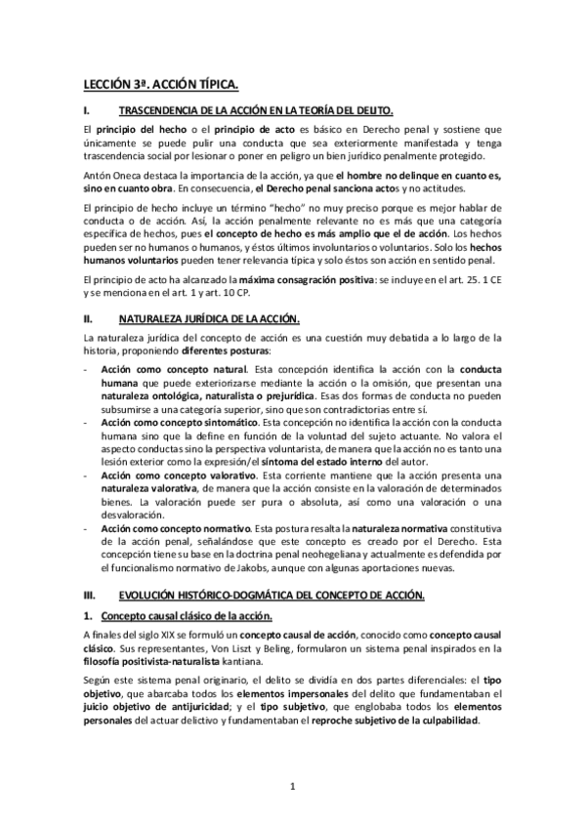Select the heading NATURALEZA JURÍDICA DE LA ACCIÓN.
click(210, 318)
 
